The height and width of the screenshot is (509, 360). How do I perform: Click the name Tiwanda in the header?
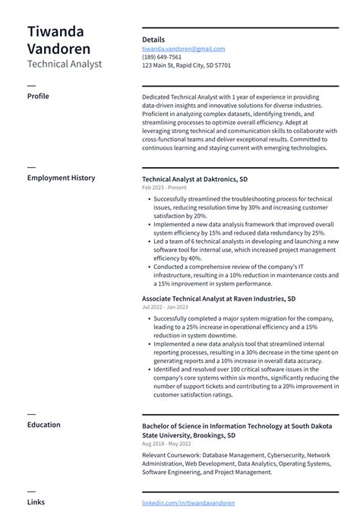pyautogui.click(x=55, y=32)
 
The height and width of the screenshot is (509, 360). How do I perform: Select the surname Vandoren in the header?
pyautogui.click(x=58, y=49)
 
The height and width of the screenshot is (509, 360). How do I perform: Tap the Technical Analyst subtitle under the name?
pyautogui.click(x=64, y=65)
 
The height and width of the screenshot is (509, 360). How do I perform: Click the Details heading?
pyautogui.click(x=153, y=40)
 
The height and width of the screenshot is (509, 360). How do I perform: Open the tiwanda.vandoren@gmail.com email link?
pyautogui.click(x=183, y=49)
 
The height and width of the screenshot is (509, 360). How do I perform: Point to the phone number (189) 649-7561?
pyautogui.click(x=162, y=57)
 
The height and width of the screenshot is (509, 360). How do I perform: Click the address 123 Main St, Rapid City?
pyautogui.click(x=186, y=65)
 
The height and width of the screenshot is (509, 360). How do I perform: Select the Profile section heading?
pyautogui.click(x=38, y=96)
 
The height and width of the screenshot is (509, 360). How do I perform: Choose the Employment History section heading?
pyautogui.click(x=61, y=178)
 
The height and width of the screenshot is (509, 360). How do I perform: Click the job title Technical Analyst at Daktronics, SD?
pyautogui.click(x=194, y=179)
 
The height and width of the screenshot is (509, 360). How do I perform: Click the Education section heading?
pyautogui.click(x=44, y=425)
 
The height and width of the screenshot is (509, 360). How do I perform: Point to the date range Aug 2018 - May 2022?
pyautogui.click(x=166, y=443)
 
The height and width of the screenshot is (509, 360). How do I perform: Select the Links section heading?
pyautogui.click(x=36, y=502)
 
